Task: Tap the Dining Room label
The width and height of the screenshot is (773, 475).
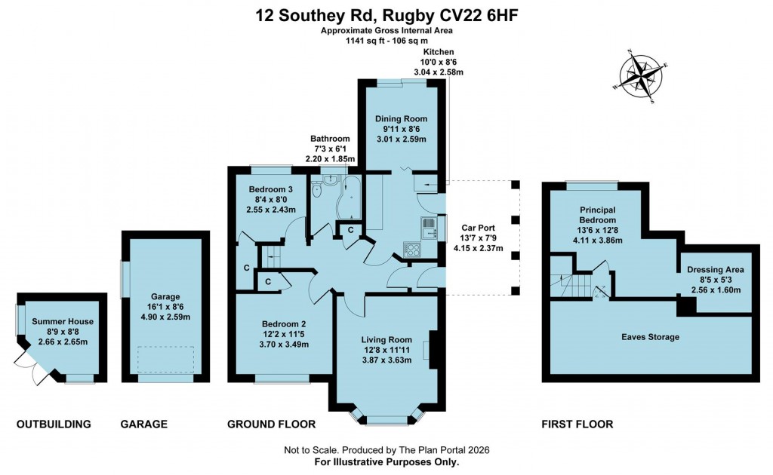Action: point(401,118)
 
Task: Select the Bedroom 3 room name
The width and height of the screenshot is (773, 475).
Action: point(270,188)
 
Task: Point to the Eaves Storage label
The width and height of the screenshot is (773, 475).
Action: point(651,337)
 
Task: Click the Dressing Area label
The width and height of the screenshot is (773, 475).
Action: point(715,269)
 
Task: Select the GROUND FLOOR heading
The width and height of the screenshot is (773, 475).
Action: point(271,424)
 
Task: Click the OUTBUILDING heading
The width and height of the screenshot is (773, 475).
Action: point(54,424)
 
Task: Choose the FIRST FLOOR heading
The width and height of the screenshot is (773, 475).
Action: point(577,424)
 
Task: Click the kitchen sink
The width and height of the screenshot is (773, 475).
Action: point(428,226)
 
